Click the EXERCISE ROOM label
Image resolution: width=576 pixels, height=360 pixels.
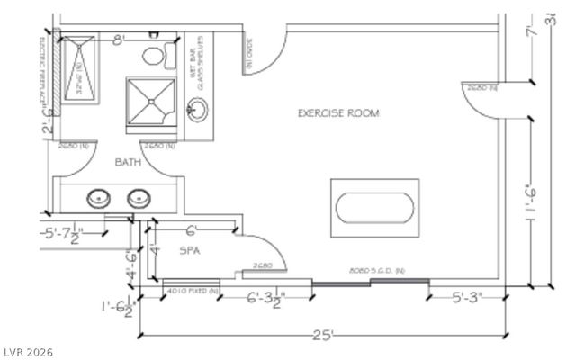click(x=338, y=113)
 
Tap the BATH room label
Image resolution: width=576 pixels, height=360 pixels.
click(x=127, y=162)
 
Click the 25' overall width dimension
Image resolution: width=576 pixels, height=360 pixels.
click(x=323, y=335)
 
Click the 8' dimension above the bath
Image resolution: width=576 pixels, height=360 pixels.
click(x=118, y=40)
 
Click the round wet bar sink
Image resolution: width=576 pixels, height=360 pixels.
click(x=197, y=111)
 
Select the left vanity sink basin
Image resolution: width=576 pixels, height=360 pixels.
click(x=98, y=198)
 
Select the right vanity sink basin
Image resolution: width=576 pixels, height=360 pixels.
click(x=139, y=198)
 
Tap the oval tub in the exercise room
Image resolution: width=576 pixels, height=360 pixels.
click(x=376, y=208)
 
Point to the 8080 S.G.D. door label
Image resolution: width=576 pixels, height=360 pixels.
click(x=377, y=270)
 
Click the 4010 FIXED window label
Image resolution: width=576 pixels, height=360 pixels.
click(x=193, y=291)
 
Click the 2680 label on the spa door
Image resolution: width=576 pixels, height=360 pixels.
click(x=263, y=265)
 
